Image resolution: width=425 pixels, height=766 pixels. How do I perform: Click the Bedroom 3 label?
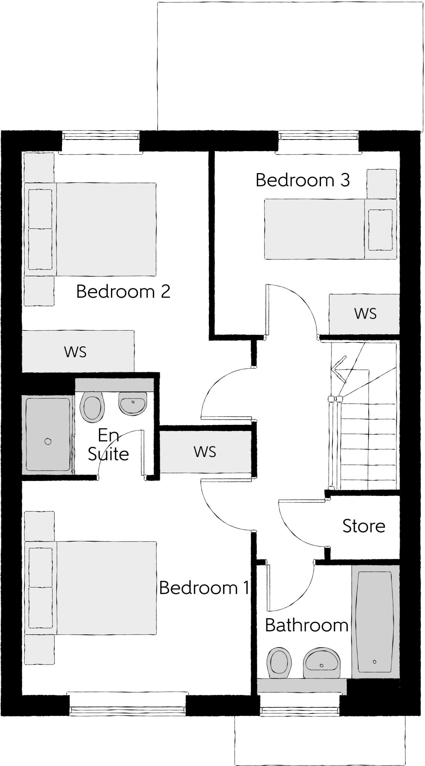click(x=302, y=180)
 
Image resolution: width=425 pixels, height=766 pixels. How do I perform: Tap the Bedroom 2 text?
click(x=123, y=291)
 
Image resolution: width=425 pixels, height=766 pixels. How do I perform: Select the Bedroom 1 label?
click(x=204, y=588)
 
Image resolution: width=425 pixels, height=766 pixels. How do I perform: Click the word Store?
click(x=364, y=526)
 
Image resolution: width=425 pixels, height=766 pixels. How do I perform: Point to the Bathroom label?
click(x=306, y=625)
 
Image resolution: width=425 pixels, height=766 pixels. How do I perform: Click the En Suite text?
click(x=108, y=445)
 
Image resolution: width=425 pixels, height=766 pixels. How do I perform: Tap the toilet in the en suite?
click(x=92, y=407)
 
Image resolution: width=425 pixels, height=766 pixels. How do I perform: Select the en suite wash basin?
click(x=133, y=403)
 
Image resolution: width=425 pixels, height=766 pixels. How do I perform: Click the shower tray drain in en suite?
click(x=48, y=441)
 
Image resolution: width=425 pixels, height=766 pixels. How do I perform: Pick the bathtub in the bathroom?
click(x=375, y=621)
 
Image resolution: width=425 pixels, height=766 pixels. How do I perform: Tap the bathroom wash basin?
click(x=322, y=663)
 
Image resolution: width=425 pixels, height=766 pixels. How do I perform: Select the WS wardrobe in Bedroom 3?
click(x=364, y=313)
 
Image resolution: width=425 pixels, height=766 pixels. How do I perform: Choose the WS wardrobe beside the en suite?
click(x=205, y=452)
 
